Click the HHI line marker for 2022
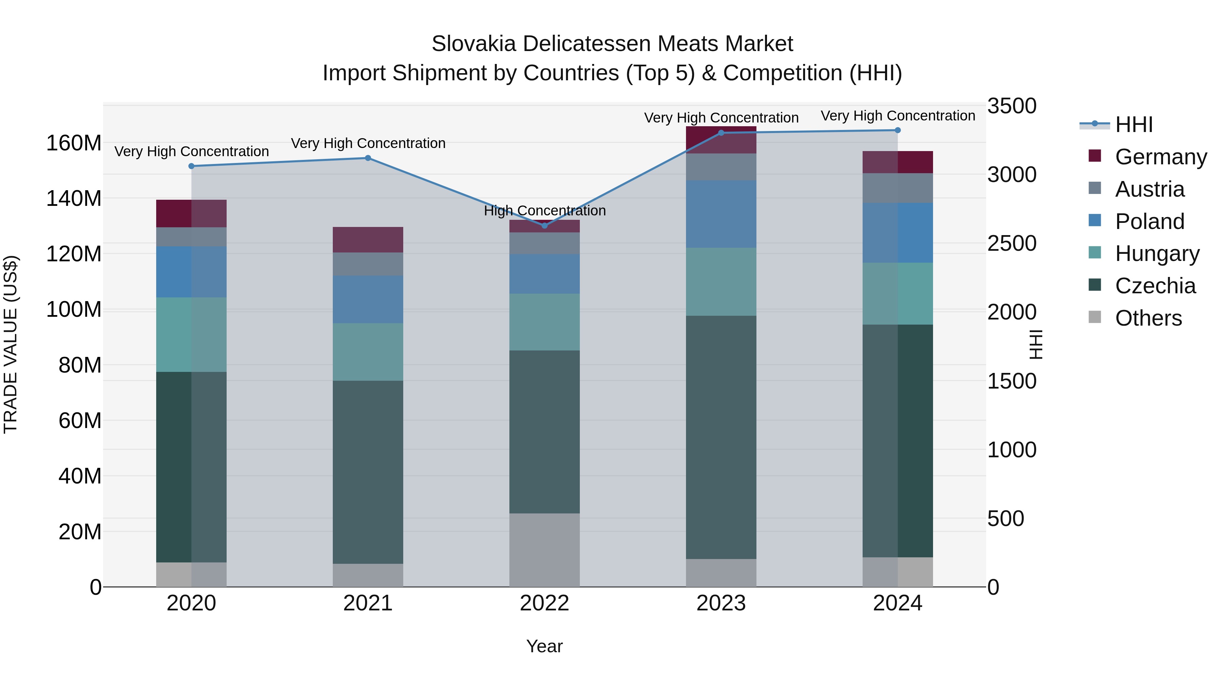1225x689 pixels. coord(544,225)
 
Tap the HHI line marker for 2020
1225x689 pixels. coord(191,166)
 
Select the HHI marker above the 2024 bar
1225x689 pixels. coord(897,130)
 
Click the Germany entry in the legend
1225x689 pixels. coord(1160,157)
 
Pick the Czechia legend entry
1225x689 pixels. coord(1155,286)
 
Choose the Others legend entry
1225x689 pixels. coord(1148,318)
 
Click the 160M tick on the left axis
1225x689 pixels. coord(74,143)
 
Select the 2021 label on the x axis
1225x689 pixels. coord(367,603)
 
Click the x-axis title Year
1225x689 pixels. coord(544,646)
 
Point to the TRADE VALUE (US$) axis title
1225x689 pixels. coord(11,344)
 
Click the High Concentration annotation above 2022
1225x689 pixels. coord(544,210)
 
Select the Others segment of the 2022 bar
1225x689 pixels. coord(544,550)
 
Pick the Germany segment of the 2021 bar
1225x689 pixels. coord(367,239)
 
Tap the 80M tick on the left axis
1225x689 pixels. coord(80,365)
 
